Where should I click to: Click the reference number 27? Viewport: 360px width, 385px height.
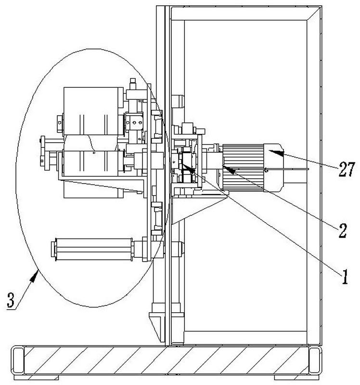click(x=347, y=170)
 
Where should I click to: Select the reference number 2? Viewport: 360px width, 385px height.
click(x=343, y=231)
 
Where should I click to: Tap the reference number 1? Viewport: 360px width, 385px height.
click(x=345, y=277)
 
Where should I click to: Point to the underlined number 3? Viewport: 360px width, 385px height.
click(x=11, y=300)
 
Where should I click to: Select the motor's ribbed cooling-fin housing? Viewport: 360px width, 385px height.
click(x=243, y=168)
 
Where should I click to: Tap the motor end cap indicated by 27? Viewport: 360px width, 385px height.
click(x=273, y=168)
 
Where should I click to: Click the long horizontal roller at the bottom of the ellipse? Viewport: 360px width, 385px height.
click(x=92, y=249)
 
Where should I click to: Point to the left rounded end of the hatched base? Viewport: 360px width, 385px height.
click(x=18, y=360)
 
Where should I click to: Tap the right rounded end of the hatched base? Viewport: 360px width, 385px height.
click(x=315, y=360)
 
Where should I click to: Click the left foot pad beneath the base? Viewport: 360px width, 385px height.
click(x=36, y=377)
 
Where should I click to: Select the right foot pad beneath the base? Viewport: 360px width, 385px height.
click(x=296, y=377)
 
